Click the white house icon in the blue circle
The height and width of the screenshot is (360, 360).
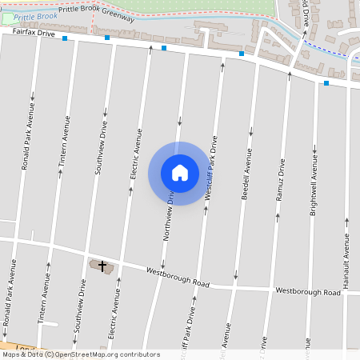[x=180, y=173]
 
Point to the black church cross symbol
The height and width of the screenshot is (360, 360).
[x=102, y=265]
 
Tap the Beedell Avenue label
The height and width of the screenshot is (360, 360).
[x=246, y=172]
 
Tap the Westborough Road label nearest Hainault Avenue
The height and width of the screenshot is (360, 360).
[x=308, y=292]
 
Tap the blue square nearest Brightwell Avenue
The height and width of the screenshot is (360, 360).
[x=326, y=82]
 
